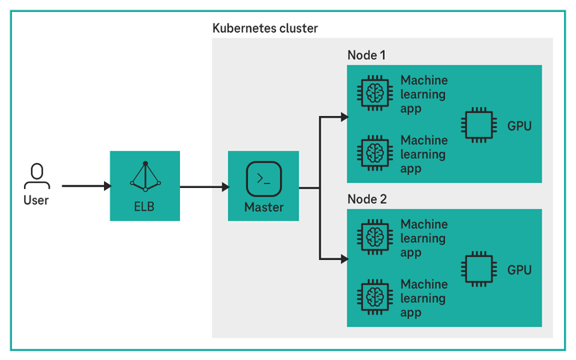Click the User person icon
point(35,174)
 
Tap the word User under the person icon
point(35,200)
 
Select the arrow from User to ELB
point(86,186)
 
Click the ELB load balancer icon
point(145,176)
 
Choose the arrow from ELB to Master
point(204,187)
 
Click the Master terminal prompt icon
point(262,178)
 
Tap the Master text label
point(263,208)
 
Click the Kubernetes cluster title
point(265,29)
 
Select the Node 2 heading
point(366,198)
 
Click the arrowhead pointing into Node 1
point(343,118)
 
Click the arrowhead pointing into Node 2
point(343,259)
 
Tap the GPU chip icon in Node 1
point(478,125)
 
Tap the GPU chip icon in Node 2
point(478,269)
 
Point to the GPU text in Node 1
point(519,126)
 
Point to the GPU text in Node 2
point(519,270)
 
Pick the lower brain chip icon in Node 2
point(374,296)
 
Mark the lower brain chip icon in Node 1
point(374,153)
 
